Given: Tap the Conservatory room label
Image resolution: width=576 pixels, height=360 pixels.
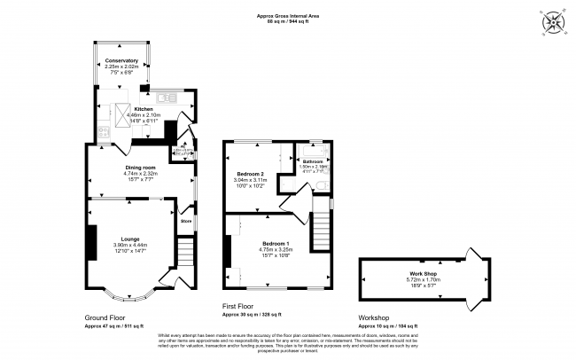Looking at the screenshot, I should (122, 61).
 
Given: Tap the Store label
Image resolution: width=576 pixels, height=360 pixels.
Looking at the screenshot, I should (186, 210).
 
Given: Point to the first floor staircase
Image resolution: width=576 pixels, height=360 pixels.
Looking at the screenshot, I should (321, 232).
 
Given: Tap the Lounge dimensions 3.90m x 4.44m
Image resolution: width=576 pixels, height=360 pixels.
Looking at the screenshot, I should (130, 245).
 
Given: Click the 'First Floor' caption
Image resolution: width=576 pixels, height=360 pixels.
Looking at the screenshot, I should (239, 306).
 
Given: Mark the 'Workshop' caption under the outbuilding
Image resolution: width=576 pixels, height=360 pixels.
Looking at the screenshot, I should (375, 317).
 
